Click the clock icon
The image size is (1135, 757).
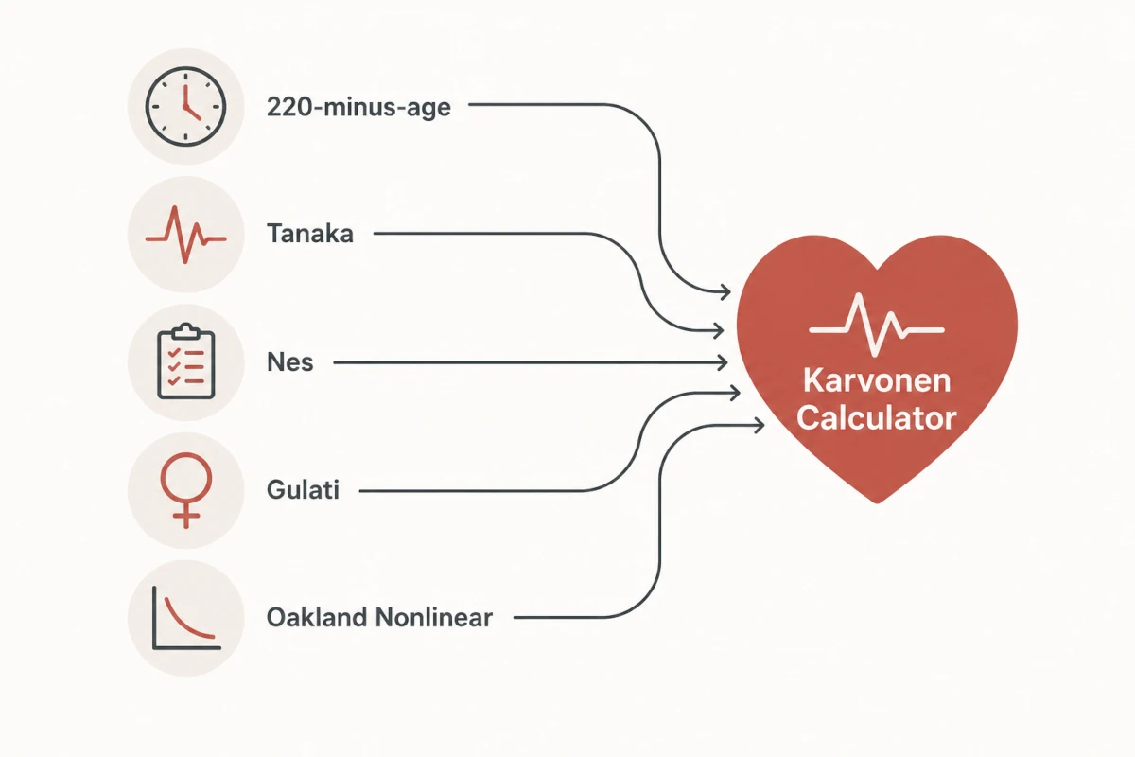(x=185, y=107)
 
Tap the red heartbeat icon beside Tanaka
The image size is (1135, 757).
(x=185, y=235)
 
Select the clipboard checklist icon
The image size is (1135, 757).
(x=186, y=361)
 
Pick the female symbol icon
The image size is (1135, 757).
(x=186, y=490)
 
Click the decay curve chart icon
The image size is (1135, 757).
(x=186, y=618)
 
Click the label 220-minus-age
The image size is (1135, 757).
(x=358, y=108)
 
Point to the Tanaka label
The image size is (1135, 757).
(x=310, y=234)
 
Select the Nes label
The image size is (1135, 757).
(x=289, y=362)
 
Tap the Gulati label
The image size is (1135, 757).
(x=303, y=490)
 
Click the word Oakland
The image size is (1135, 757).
(x=317, y=618)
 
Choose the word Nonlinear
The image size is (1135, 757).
(x=434, y=618)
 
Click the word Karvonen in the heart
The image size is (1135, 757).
(x=877, y=380)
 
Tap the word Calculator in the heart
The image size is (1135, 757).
(x=877, y=419)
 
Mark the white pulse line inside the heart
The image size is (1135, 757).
(x=877, y=325)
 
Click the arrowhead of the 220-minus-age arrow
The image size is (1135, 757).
(x=725, y=292)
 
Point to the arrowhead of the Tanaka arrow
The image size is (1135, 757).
(x=719, y=330)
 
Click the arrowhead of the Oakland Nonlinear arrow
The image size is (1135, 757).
(x=759, y=426)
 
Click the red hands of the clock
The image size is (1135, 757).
(x=188, y=104)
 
